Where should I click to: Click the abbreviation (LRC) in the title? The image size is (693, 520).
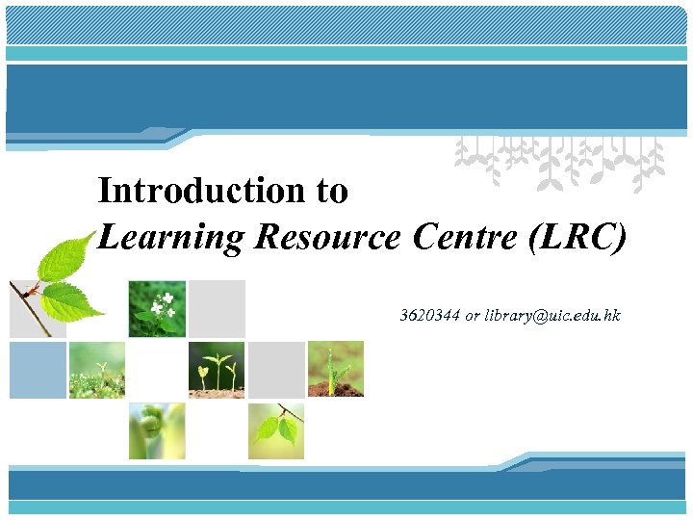click(x=577, y=237)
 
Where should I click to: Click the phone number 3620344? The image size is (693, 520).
click(x=430, y=316)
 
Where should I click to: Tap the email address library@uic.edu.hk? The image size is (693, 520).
click(x=553, y=316)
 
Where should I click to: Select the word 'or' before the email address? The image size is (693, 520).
click(x=473, y=316)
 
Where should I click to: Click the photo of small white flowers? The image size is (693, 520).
click(x=157, y=309)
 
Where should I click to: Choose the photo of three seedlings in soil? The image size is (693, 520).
click(x=217, y=369)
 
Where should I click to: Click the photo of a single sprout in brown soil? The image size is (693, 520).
click(x=336, y=369)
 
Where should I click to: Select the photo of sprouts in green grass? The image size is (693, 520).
click(x=97, y=370)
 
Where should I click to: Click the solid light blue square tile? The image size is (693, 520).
click(x=38, y=370)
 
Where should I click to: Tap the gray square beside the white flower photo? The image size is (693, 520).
click(x=217, y=309)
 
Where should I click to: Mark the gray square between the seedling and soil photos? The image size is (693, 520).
click(x=276, y=370)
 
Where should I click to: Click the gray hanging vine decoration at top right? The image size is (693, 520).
click(x=558, y=159)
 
